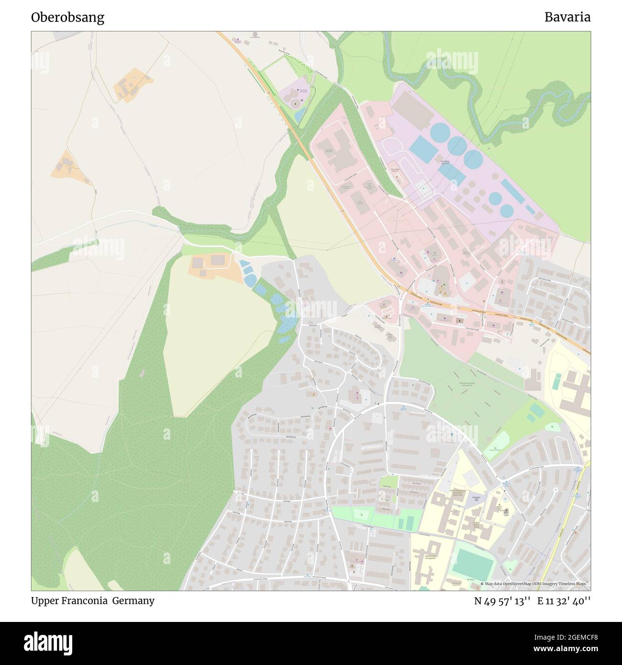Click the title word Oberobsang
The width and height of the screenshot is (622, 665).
pyautogui.click(x=67, y=18)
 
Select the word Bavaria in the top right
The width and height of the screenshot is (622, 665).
pyautogui.click(x=567, y=17)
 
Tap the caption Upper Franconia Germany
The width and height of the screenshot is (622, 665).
pyautogui.click(x=92, y=600)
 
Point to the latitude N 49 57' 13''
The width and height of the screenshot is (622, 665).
pyautogui.click(x=502, y=601)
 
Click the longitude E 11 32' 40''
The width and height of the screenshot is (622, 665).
pyautogui.click(x=564, y=601)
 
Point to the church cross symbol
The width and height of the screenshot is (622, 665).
pyautogui.click(x=507, y=511)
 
